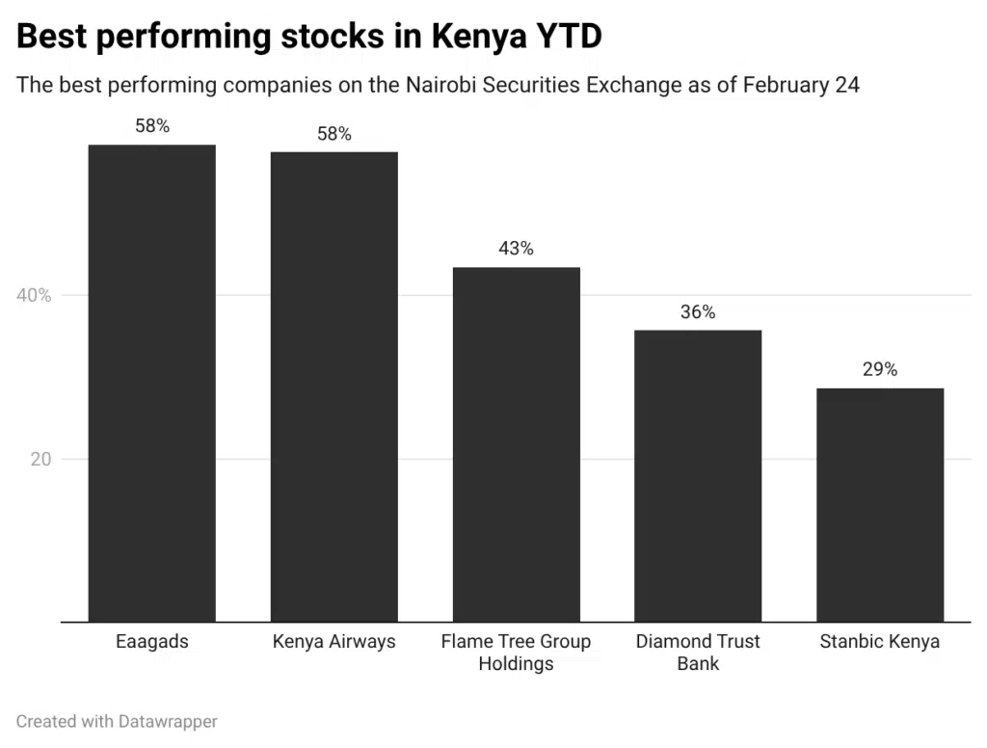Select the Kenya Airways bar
point(333,387)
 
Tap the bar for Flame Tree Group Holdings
point(516,444)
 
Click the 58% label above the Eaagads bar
point(152,126)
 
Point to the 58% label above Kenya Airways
point(334,134)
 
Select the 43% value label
point(516,249)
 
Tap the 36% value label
point(698,312)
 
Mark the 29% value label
point(879,369)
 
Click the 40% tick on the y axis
point(34,296)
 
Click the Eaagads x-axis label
point(151,642)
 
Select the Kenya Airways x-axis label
point(333,642)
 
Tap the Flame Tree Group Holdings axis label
point(516,653)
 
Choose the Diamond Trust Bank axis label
point(698,653)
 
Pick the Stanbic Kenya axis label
point(879,642)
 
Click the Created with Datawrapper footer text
point(117,721)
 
